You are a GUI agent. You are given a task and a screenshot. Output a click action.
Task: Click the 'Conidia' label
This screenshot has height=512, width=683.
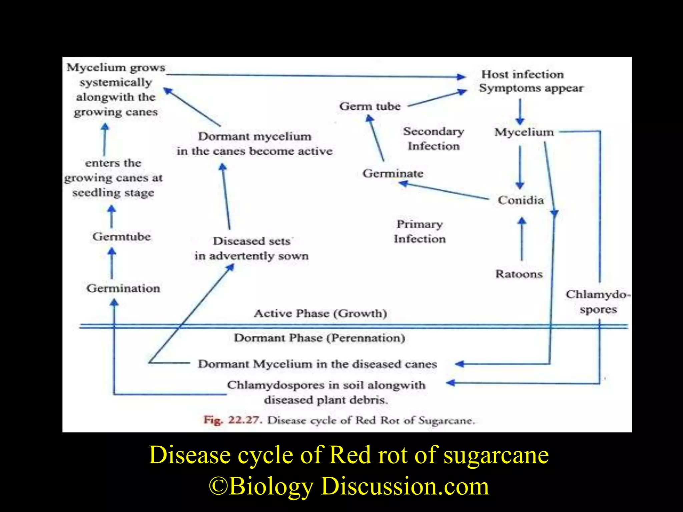click(x=521, y=200)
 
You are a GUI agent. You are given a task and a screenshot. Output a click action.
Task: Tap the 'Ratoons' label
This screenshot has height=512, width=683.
click(x=519, y=274)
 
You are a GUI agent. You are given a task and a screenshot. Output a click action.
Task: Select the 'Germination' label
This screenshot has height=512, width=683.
click(x=123, y=288)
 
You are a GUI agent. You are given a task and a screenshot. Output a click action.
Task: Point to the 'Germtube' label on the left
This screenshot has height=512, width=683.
click(x=122, y=237)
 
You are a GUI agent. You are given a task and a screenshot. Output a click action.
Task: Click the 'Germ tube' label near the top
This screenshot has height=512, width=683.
click(x=370, y=106)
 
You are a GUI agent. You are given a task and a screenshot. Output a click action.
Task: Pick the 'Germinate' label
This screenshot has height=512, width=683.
click(x=393, y=173)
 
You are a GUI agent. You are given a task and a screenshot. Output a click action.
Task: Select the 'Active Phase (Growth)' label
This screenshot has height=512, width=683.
click(x=320, y=313)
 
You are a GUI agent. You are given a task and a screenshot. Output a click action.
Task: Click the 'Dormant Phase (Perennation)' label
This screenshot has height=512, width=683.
click(x=319, y=338)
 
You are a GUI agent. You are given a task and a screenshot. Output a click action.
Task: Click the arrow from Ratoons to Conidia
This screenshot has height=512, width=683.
click(x=522, y=238)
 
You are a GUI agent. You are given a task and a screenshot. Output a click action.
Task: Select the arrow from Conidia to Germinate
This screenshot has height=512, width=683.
click(x=444, y=191)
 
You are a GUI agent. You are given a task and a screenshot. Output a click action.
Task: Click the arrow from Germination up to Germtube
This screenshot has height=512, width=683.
click(x=112, y=263)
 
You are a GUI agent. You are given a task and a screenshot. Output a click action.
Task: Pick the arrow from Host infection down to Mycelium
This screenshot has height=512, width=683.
click(x=520, y=112)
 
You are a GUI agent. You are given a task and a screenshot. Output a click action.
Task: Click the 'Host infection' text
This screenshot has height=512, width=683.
click(x=523, y=74)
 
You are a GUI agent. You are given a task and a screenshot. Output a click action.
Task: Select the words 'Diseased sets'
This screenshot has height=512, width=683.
click(x=252, y=241)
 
